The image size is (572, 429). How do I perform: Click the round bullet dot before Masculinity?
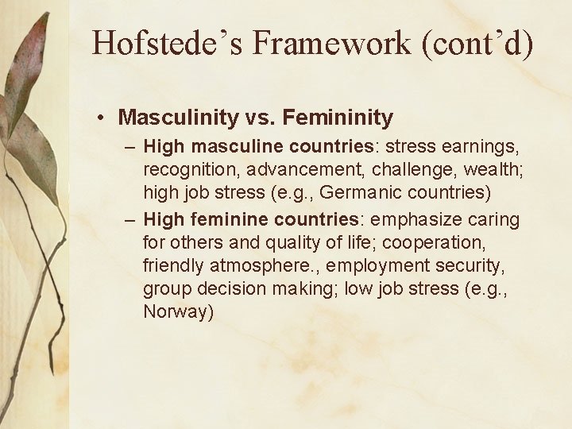[x=103, y=118]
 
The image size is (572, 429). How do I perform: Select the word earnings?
[x=475, y=147]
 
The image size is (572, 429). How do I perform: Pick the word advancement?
[x=299, y=169]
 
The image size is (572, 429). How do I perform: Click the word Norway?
[x=179, y=311]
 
